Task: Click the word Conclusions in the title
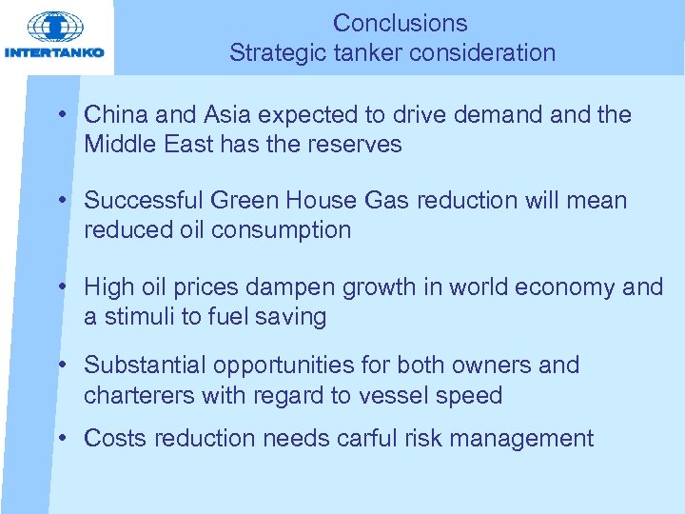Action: click(x=401, y=23)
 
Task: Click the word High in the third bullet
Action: click(x=108, y=287)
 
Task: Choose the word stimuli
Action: click(x=138, y=316)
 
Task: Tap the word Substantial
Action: click(x=146, y=365)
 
